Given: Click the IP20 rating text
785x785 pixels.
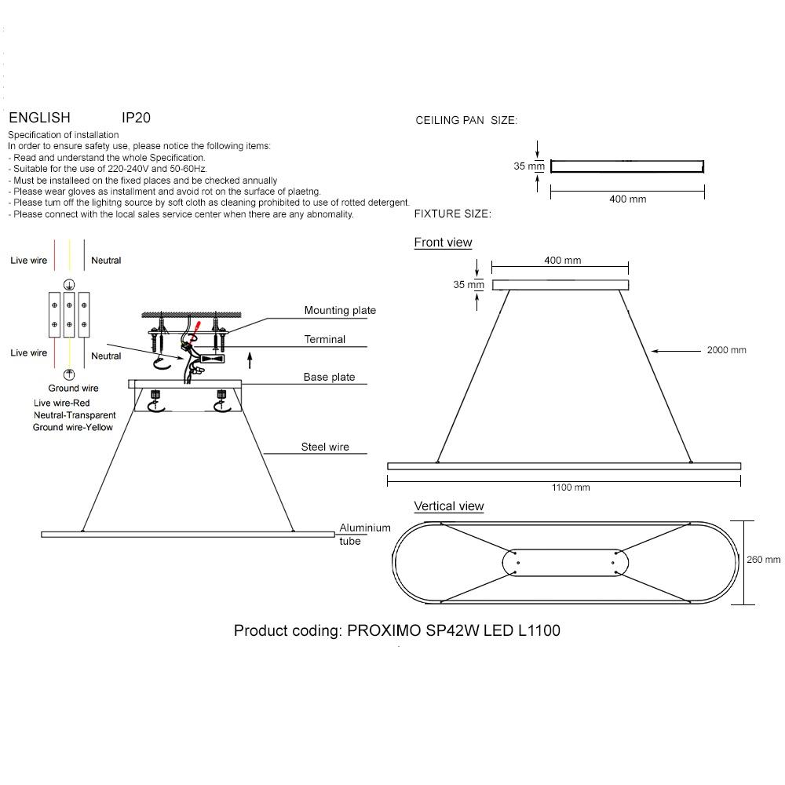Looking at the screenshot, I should [x=136, y=118].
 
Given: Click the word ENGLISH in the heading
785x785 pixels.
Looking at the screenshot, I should [x=39, y=118].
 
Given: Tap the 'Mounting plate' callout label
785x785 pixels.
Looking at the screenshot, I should [x=340, y=311].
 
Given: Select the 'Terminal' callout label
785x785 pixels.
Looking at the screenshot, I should [x=325, y=340].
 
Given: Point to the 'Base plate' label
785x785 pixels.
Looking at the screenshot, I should [x=329, y=378].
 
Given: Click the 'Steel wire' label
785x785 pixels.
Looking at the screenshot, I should [x=325, y=447].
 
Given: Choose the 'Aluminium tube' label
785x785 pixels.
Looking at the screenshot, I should [x=364, y=535].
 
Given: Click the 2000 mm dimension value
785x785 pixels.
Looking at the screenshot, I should [x=726, y=350].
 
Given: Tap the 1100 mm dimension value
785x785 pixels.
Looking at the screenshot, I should [x=571, y=487].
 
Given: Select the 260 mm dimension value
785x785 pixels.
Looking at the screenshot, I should [x=763, y=560].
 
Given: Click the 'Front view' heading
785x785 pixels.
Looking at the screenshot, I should [x=443, y=243].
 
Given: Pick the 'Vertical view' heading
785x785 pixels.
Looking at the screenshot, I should [x=449, y=506].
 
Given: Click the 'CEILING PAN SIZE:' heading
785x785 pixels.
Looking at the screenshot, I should [x=466, y=121].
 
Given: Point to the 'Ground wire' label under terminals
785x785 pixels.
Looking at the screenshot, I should [x=73, y=389].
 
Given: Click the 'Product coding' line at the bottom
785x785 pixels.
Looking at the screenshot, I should [x=397, y=630].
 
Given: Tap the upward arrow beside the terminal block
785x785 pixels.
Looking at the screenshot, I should [x=250, y=360].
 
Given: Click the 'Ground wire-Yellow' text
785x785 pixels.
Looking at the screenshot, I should [x=73, y=427].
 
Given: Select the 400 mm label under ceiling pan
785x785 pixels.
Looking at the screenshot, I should [x=627, y=199].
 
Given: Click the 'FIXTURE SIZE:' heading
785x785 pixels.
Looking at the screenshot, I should [x=452, y=214].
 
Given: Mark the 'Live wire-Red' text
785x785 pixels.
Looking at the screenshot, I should [x=68, y=403].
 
